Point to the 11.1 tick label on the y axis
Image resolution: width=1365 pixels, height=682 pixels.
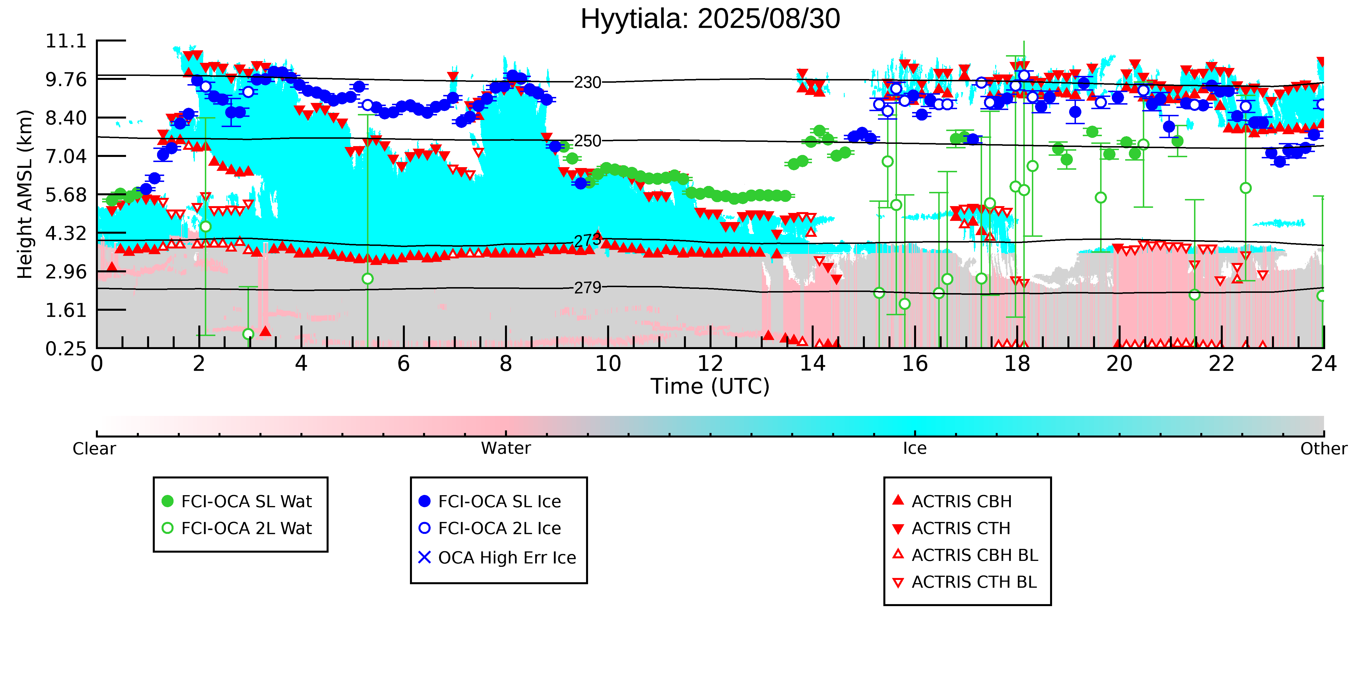coord(66,41)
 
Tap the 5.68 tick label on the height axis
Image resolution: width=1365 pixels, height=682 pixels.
coord(66,195)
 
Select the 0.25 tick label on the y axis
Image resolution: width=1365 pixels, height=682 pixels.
coord(66,349)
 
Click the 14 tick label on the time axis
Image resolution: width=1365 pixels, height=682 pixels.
coord(812,364)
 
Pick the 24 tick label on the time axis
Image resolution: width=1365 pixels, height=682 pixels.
coord(1323,364)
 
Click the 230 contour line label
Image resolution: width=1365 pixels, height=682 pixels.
coord(588,83)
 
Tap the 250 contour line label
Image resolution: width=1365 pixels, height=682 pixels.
coord(588,141)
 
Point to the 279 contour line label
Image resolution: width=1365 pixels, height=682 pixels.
coord(588,287)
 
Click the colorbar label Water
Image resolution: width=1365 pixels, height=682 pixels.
coord(506,449)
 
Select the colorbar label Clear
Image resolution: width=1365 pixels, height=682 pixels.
coord(94,449)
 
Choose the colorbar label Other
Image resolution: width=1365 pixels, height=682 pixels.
coord(1323,449)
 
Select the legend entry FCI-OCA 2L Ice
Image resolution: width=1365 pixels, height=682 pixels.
coord(499,528)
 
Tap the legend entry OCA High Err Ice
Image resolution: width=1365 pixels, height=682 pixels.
coord(507,557)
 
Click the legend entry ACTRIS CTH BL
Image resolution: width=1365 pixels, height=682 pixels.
coord(974,582)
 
